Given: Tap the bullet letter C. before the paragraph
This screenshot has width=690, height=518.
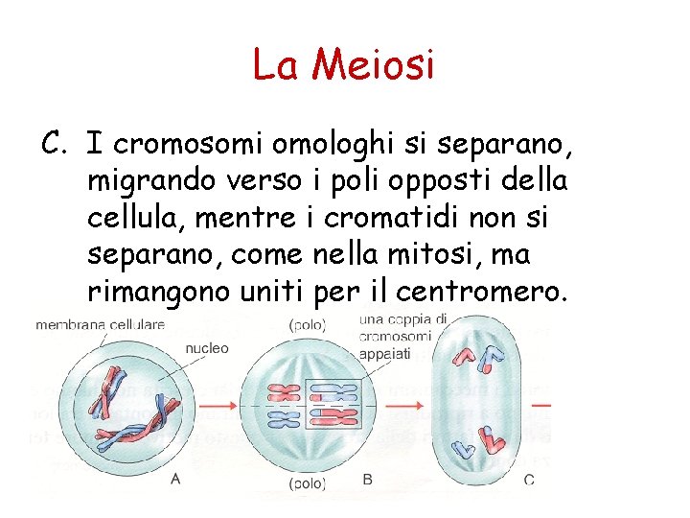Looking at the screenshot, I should point(55,145).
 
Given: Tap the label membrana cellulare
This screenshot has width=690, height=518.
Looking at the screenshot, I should point(100,325).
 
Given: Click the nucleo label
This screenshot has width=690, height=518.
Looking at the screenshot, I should point(207,348).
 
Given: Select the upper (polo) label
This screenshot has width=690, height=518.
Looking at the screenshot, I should point(307,325).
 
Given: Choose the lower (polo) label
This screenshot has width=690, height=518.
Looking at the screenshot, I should point(307,484).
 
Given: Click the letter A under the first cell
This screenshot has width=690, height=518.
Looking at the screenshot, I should point(174,479).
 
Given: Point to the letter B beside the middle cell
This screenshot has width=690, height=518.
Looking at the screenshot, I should point(368,479).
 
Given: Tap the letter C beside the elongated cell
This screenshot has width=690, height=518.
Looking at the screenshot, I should point(529,479).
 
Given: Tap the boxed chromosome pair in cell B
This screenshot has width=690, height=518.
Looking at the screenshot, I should point(331,404).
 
